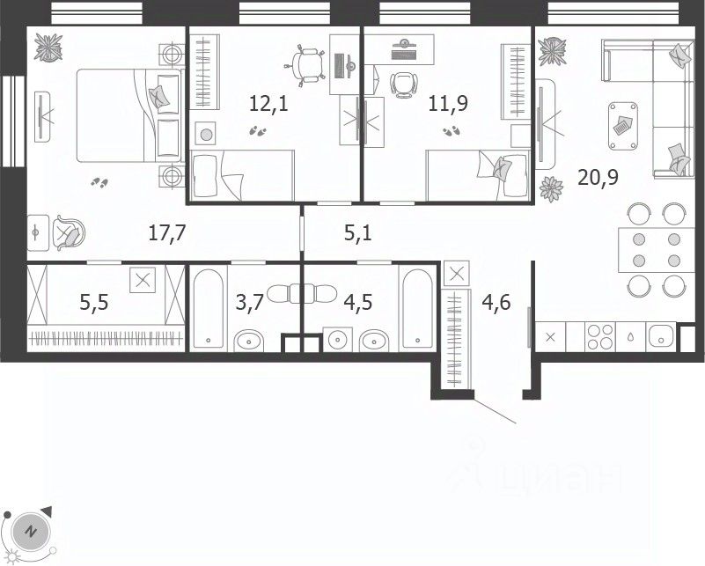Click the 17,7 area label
tap(167, 233)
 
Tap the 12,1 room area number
tap(268, 104)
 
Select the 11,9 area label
tap(448, 103)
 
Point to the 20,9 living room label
tap(598, 178)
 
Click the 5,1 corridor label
tap(358, 233)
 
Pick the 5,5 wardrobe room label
tap(94, 303)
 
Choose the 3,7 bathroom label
tap(250, 303)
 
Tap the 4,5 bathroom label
tap(358, 303)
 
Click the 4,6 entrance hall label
tap(496, 303)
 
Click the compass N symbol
tap(31, 531)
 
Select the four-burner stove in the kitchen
tap(599, 337)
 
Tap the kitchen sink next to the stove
tap(660, 337)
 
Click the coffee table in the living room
tap(623, 126)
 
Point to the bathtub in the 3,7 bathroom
tap(209, 308)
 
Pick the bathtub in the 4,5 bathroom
tap(418, 308)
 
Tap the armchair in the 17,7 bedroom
tap(69, 232)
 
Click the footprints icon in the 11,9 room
tap(451, 131)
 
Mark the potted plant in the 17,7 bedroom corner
tap(48, 48)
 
